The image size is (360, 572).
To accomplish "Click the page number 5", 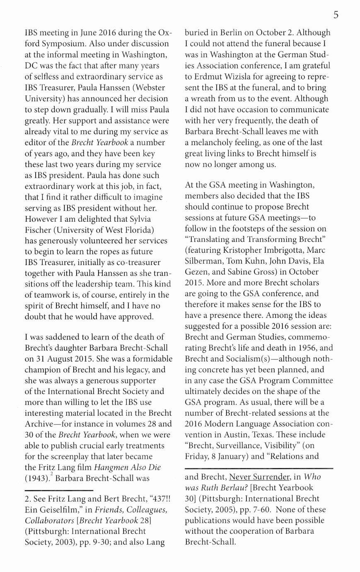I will tap(336, 15).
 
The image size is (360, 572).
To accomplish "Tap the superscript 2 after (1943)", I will tap(51, 475).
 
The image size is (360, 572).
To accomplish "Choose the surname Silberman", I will tap(203, 261).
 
